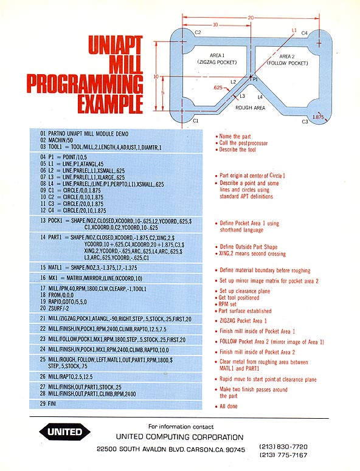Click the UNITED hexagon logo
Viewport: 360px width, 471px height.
(x=64, y=432)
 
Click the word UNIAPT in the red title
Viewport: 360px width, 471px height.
(x=116, y=45)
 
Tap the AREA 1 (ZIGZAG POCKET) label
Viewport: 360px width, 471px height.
(x=217, y=59)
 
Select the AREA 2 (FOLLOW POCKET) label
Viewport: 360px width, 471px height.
(x=287, y=60)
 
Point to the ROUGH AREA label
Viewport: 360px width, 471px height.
(x=250, y=108)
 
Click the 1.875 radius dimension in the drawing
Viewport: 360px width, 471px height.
(x=318, y=117)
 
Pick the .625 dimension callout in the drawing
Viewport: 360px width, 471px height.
(x=218, y=88)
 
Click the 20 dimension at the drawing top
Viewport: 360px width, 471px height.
(x=251, y=18)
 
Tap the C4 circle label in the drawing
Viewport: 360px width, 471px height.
(x=305, y=33)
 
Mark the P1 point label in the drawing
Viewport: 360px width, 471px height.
(x=255, y=79)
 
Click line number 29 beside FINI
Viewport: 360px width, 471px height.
(x=43, y=404)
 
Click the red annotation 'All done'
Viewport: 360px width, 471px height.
(x=229, y=406)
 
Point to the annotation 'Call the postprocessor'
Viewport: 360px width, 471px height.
(x=243, y=143)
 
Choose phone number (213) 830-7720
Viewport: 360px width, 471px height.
(x=283, y=446)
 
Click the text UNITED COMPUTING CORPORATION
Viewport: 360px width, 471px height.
(x=180, y=437)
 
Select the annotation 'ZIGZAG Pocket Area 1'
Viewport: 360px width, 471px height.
(x=243, y=320)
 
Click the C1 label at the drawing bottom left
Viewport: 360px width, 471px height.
(x=196, y=121)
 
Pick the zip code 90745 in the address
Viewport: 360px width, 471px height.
(x=235, y=449)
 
